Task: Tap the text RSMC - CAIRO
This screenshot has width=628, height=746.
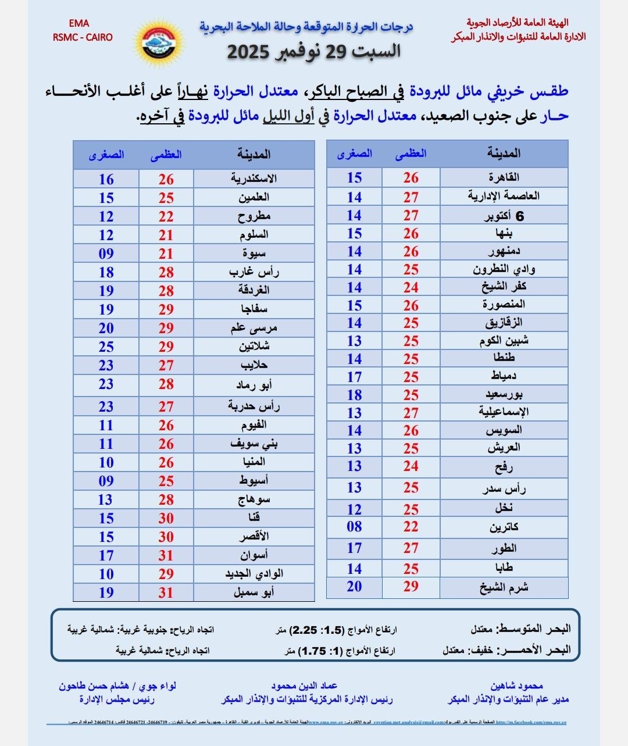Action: pyautogui.click(x=83, y=37)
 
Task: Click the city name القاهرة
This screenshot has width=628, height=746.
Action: pyautogui.click(x=504, y=177)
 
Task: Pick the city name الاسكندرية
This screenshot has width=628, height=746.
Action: pyautogui.click(x=254, y=179)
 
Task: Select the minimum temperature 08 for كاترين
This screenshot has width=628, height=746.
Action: pyautogui.click(x=354, y=527)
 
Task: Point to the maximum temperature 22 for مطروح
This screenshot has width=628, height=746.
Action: pyautogui.click(x=166, y=216)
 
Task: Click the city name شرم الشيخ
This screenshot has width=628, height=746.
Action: pyautogui.click(x=504, y=587)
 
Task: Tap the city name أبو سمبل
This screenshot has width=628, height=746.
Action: pyautogui.click(x=254, y=592)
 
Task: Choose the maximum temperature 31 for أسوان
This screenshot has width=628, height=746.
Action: pyautogui.click(x=166, y=555)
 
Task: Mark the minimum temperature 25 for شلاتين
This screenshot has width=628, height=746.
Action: pyautogui.click(x=106, y=347)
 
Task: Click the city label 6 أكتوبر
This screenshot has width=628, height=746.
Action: pyautogui.click(x=504, y=216)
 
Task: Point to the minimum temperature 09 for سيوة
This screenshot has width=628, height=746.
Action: pyautogui.click(x=106, y=254)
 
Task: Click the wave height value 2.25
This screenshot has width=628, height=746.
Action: pyautogui.click(x=304, y=630)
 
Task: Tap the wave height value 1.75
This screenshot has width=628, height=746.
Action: pyautogui.click(x=312, y=651)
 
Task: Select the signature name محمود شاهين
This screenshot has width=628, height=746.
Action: pyautogui.click(x=516, y=686)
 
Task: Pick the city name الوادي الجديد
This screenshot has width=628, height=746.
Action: pyautogui.click(x=254, y=574)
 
